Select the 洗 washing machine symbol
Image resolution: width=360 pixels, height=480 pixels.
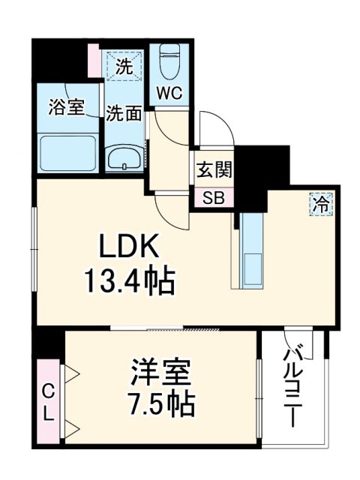pyautogui.click(x=124, y=65)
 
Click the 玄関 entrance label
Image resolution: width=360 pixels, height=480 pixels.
pyautogui.click(x=214, y=170)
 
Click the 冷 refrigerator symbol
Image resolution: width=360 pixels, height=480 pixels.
pyautogui.click(x=320, y=202)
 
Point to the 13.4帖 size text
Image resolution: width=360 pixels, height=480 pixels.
pyautogui.click(x=132, y=282)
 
